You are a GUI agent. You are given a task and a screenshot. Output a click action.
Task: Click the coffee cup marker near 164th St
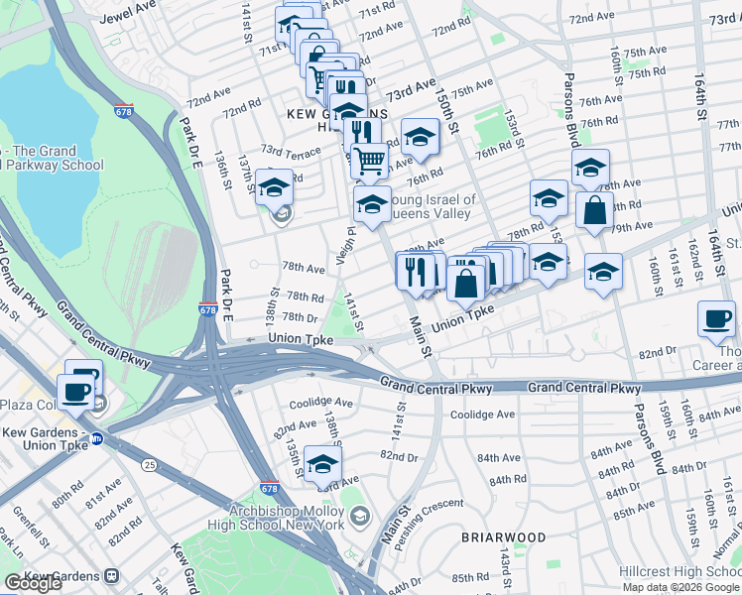point(716,319)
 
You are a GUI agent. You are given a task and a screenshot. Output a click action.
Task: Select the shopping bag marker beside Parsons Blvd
point(594,211)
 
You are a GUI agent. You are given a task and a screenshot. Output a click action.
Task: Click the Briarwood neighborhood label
point(503,536)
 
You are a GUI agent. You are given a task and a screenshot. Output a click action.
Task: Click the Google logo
point(33,583)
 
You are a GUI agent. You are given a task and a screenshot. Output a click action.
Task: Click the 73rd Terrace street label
point(291,151)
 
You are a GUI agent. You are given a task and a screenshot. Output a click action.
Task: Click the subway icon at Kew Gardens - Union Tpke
point(96,438)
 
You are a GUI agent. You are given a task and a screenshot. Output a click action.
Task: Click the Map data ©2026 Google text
point(679,587)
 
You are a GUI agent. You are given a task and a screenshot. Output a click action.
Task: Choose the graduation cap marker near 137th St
point(274,186)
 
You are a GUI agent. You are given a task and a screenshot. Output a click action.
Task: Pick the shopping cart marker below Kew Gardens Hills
point(370,158)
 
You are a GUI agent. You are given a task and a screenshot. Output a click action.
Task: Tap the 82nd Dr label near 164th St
point(656,352)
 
